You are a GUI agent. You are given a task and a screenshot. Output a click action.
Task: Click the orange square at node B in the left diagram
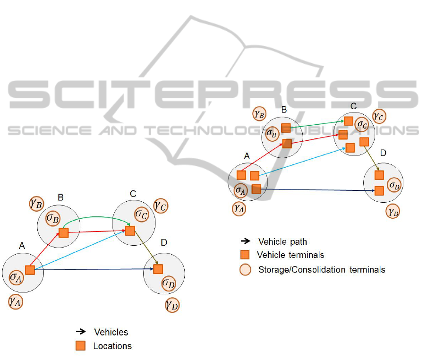tap(64, 232)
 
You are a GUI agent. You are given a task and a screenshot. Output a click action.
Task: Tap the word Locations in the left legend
tap(112, 346)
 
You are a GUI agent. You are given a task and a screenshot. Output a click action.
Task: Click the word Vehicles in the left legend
tap(111, 332)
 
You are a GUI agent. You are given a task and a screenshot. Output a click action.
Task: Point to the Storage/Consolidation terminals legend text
tap(322, 270)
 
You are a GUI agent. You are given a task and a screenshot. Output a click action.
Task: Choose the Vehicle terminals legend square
tap(245, 255)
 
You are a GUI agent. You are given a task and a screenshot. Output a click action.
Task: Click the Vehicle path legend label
tap(282, 241)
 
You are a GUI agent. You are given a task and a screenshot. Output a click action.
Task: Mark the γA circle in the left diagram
tap(16, 301)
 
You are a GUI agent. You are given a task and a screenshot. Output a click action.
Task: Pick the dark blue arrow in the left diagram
tap(94, 269)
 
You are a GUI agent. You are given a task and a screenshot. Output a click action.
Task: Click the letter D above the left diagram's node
tap(163, 243)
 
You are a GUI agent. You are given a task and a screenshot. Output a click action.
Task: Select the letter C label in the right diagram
tap(353, 106)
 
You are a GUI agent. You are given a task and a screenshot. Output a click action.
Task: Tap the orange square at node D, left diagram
tap(158, 269)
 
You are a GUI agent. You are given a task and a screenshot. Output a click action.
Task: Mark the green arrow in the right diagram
tap(316, 124)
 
